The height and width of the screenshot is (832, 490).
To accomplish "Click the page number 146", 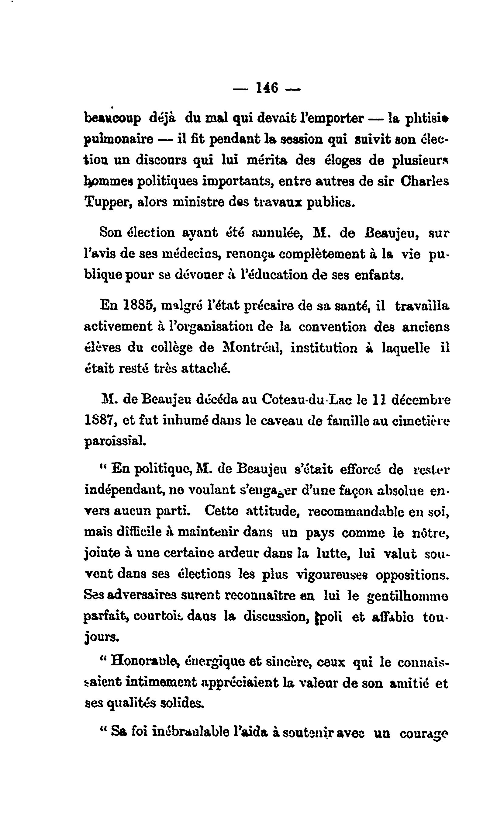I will click(267, 88).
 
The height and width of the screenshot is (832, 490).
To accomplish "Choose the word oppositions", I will click(412, 575).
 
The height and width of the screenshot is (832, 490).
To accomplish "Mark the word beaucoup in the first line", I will click(112, 119).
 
